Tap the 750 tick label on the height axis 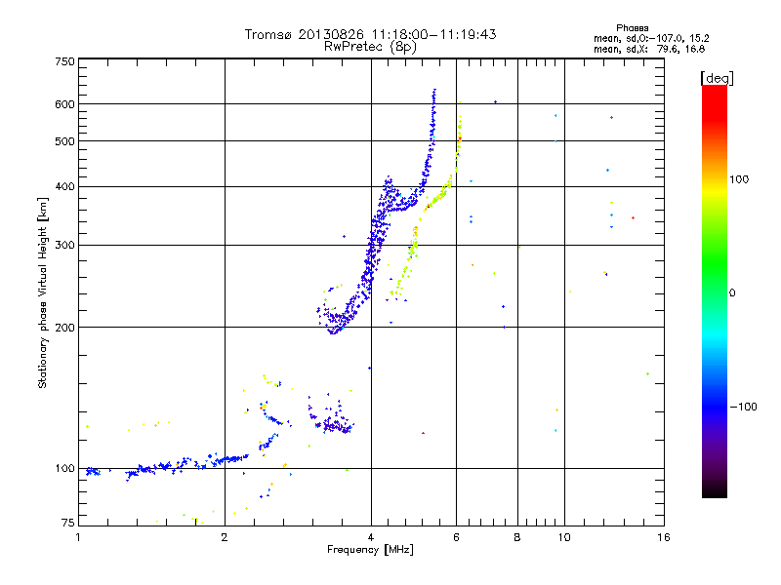[x=63, y=61]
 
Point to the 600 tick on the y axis [x=63, y=104]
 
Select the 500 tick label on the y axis [x=63, y=141]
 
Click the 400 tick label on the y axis [x=63, y=186]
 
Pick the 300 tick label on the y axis [x=63, y=245]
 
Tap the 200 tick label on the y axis [x=63, y=328]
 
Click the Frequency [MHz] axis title [x=370, y=550]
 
